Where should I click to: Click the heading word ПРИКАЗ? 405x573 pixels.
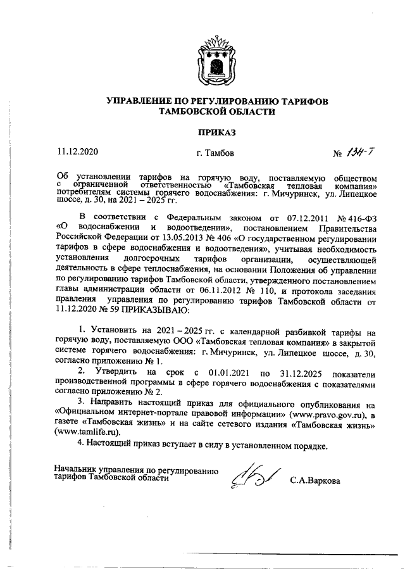[216, 132]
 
